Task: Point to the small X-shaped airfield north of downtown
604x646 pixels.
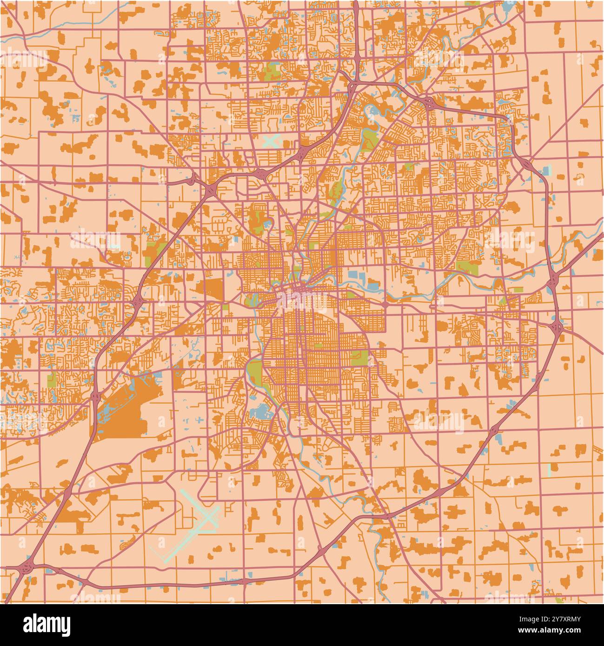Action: [x=272, y=140]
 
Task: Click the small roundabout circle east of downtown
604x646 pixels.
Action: [x=385, y=304]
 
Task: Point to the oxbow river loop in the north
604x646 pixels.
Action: [x=372, y=112]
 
